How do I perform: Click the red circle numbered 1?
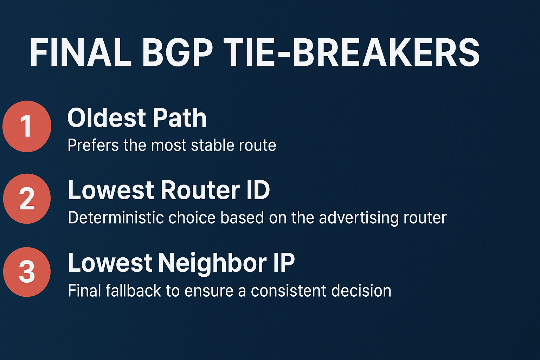(27, 127)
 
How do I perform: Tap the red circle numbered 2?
(27, 199)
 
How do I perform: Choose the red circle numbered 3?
(27, 272)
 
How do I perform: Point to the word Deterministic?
(116, 218)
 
